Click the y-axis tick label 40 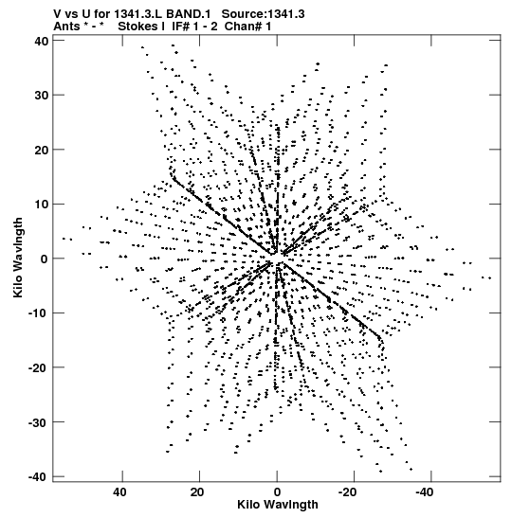[41, 41]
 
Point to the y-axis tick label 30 [41, 95]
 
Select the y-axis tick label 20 [41, 150]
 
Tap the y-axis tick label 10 [41, 205]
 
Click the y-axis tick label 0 [45, 259]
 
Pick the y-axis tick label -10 [38, 313]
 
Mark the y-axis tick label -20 [38, 367]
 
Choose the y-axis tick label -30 [38, 421]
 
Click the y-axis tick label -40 [38, 476]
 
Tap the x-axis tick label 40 [119, 492]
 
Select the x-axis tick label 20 [197, 492]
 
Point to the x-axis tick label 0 [277, 492]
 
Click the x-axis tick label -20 [347, 492]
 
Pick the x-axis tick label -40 [425, 492]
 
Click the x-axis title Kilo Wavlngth [278, 505]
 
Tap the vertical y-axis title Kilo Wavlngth [19, 258]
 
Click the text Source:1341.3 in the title [263, 14]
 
